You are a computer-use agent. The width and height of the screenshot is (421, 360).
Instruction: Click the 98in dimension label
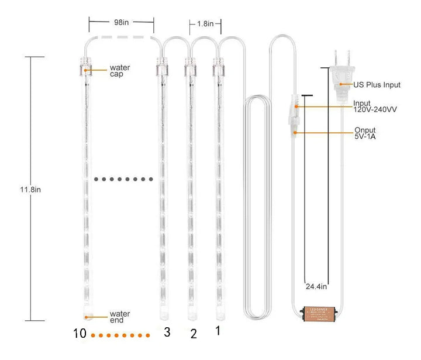pyautogui.click(x=122, y=22)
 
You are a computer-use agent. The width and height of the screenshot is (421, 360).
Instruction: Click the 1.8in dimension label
pyautogui.click(x=205, y=24)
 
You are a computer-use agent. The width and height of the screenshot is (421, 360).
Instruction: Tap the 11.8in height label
pyautogui.click(x=30, y=190)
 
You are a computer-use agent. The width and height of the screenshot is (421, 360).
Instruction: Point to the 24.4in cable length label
pyautogui.click(x=316, y=287)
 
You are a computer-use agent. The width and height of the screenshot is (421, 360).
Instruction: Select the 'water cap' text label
pyautogui.click(x=120, y=71)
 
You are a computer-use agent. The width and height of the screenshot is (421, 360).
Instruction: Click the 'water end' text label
pyautogui.click(x=120, y=317)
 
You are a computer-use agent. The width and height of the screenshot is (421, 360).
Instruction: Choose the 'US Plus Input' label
pyautogui.click(x=377, y=85)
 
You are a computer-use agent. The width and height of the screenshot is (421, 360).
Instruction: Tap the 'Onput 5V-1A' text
pyautogui.click(x=365, y=133)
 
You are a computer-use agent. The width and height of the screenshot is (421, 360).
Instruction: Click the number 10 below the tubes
pyautogui.click(x=81, y=334)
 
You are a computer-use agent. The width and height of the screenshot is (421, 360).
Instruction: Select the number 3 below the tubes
pyautogui.click(x=167, y=332)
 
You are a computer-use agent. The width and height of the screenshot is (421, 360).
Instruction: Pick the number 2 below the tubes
pyautogui.click(x=194, y=334)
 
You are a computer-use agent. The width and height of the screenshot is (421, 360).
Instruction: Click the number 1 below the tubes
pyautogui.click(x=218, y=331)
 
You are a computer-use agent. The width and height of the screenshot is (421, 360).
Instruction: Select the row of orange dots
pyautogui.click(x=123, y=335)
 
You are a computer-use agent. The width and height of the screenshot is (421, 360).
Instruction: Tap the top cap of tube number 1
pyautogui.click(x=219, y=68)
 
